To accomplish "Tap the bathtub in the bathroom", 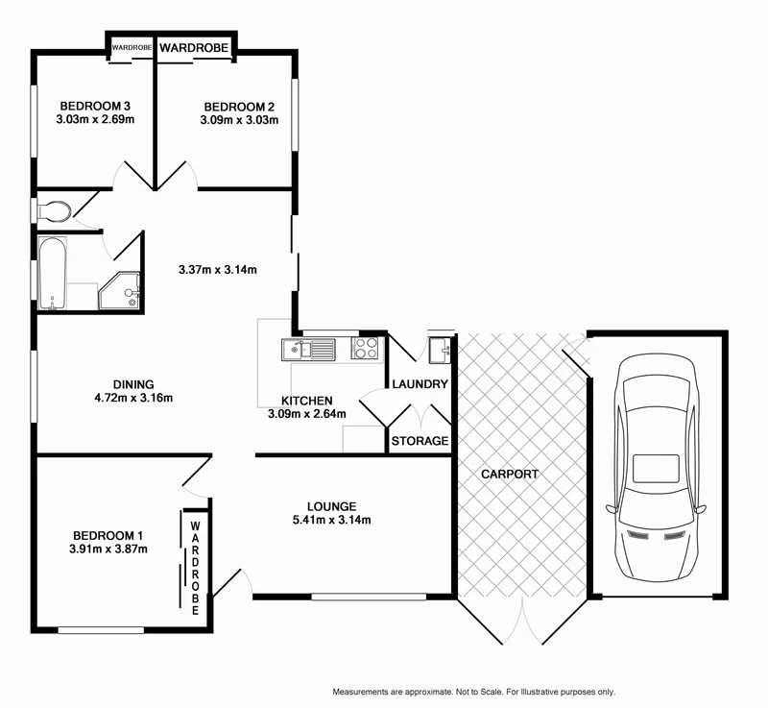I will point(52,274).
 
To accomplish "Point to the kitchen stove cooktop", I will point(366,348).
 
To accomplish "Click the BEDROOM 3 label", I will point(94,106).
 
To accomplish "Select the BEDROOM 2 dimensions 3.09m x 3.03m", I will point(239,121).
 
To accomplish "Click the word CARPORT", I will point(510,475).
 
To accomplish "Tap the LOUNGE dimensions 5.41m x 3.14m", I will point(331,521).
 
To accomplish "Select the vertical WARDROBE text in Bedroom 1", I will point(195,568).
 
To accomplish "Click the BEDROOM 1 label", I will point(108,535).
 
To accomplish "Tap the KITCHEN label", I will point(306,401).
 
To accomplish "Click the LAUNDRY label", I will point(420,384).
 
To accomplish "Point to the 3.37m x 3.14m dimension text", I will point(218,270).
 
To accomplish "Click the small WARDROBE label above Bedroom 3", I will point(131,46).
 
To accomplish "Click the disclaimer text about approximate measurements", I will point(473,692).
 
